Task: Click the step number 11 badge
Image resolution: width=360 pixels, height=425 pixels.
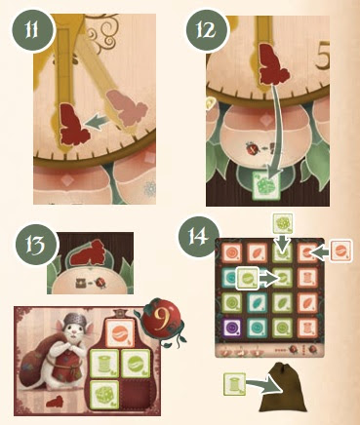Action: [x=33, y=30]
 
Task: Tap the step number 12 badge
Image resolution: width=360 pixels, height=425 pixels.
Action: [x=207, y=30]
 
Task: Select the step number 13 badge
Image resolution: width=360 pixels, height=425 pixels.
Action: [x=36, y=246]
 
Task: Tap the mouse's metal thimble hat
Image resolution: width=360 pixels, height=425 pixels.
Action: [x=72, y=319]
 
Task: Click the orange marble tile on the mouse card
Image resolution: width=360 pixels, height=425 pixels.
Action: [x=120, y=333]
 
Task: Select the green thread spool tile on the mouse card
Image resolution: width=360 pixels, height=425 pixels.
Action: [x=104, y=364]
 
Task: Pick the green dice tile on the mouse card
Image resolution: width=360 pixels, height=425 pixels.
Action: [x=104, y=394]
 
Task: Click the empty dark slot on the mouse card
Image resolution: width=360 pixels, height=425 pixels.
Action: [x=136, y=394]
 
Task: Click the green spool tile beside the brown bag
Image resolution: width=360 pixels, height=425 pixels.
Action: [x=234, y=384]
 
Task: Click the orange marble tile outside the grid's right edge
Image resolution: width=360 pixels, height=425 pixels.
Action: [x=341, y=251]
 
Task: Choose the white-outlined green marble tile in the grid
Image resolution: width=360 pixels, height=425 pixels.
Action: [x=248, y=278]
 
